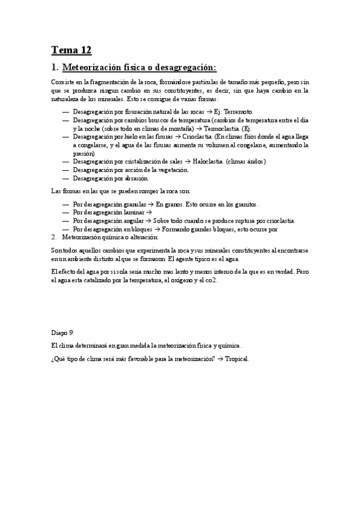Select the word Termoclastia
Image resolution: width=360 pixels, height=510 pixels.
click(221, 128)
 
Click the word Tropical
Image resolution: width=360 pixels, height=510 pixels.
click(234, 359)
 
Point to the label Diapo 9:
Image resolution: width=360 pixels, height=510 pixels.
click(63, 333)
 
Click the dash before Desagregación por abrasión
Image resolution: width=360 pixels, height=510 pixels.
click(65, 178)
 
